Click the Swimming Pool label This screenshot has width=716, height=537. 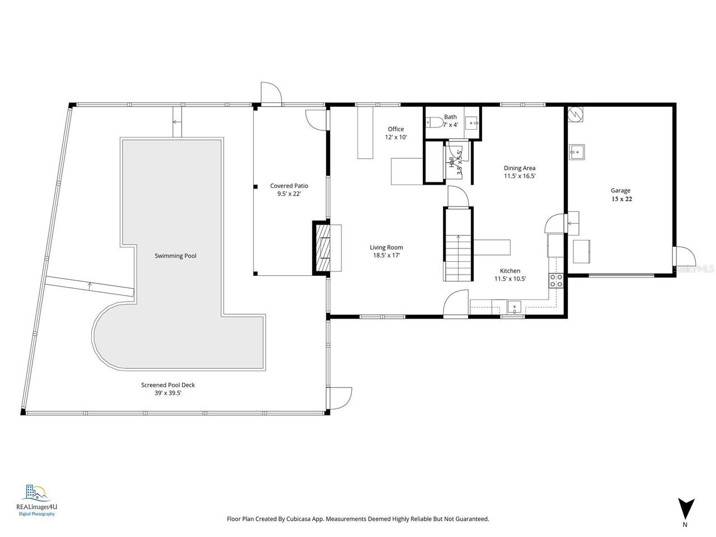[176, 256]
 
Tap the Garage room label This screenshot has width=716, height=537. [621, 191]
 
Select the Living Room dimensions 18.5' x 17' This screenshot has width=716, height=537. [386, 255]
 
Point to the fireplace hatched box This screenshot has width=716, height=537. [322, 248]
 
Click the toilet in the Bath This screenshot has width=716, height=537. [432, 122]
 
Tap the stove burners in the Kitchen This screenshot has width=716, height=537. [556, 281]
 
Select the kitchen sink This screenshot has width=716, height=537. [514, 306]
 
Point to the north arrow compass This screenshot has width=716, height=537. [685, 510]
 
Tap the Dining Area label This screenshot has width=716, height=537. [520, 168]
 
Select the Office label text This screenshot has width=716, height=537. [395, 129]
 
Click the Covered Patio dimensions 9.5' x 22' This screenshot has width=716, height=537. [289, 194]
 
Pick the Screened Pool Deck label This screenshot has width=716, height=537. [168, 385]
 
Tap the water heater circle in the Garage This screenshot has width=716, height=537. [576, 114]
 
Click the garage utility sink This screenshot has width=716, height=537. [577, 151]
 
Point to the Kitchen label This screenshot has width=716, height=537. [510, 271]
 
